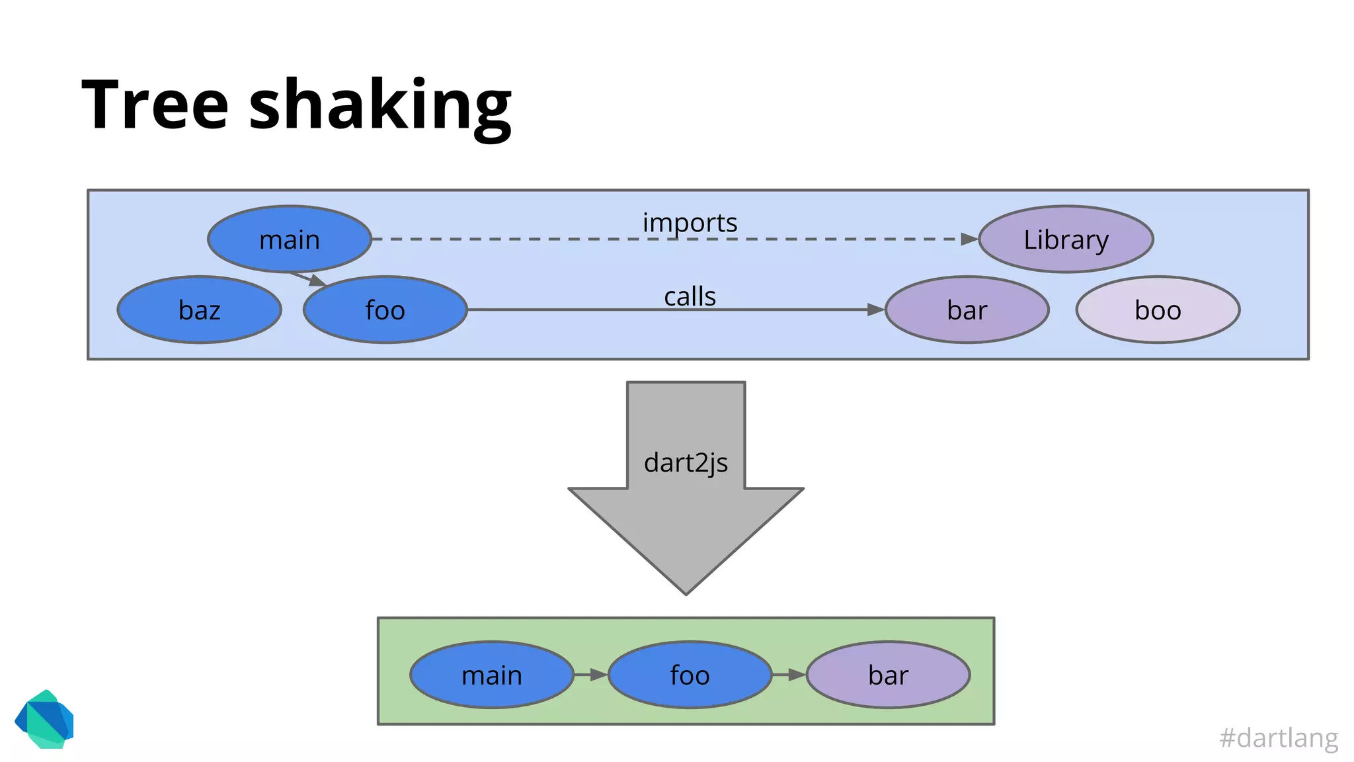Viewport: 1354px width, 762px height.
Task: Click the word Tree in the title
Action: click(x=155, y=105)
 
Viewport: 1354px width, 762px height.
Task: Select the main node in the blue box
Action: click(x=290, y=239)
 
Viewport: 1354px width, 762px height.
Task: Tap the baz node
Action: click(x=199, y=310)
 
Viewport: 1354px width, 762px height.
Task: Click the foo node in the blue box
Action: click(x=385, y=310)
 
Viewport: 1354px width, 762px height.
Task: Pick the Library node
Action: click(x=1066, y=239)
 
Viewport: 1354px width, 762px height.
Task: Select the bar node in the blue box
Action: click(x=967, y=310)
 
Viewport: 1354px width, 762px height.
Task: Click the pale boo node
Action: click(x=1158, y=310)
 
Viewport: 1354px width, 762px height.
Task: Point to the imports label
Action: click(x=690, y=222)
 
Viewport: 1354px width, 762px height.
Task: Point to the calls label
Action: click(x=690, y=296)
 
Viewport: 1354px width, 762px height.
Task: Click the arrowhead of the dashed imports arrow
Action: click(x=969, y=239)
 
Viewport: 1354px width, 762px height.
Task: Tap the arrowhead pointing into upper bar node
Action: click(x=875, y=309)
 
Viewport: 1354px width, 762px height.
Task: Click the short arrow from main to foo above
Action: click(x=309, y=278)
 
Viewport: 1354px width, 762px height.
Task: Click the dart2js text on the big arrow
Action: click(x=686, y=463)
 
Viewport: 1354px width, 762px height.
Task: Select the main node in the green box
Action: click(x=492, y=675)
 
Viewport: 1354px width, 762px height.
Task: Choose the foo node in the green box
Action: click(x=690, y=675)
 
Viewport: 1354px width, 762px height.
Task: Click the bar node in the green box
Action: click(x=888, y=675)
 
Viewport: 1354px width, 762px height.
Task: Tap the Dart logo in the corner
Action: click(x=45, y=720)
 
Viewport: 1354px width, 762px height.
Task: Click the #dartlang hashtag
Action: click(x=1279, y=738)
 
